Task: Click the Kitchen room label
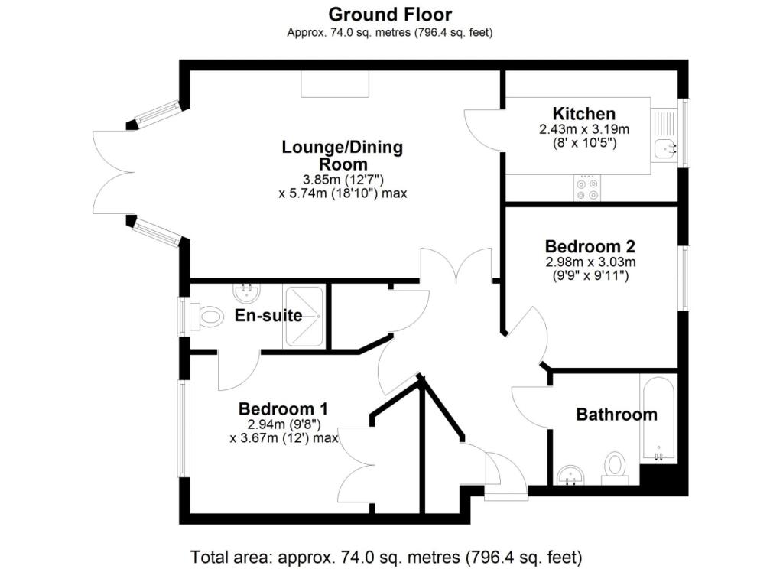point(583,113)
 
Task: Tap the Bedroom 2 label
point(590,246)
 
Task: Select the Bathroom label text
point(617,415)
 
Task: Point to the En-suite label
point(268,315)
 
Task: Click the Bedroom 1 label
point(283,408)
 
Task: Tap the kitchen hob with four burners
point(586,188)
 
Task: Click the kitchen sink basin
point(664,148)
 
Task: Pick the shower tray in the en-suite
point(304,316)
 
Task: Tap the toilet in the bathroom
point(615,468)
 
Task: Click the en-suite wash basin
point(246,293)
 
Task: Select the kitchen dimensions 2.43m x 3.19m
point(584,129)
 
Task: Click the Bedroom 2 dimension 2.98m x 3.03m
point(591,262)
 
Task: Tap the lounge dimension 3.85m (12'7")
point(343,180)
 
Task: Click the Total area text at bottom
point(386,557)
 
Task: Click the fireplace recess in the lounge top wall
point(335,84)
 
